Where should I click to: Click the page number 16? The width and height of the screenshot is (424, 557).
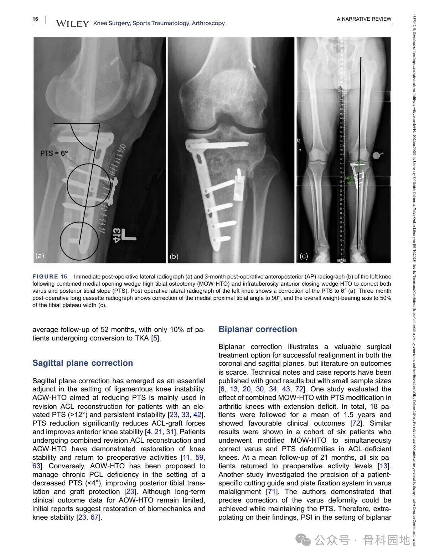tap(35, 19)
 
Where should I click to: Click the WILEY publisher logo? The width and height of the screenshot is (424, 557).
tap(72, 24)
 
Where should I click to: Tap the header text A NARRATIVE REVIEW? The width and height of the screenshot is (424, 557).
tap(364, 19)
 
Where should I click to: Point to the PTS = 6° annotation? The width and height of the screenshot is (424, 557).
tap(54, 153)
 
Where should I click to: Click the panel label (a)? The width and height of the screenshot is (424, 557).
tap(40, 255)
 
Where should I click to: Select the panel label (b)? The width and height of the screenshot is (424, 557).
tap(174, 256)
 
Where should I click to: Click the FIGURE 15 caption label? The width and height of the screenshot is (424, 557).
tap(50, 277)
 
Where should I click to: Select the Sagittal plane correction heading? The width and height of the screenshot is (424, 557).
tap(83, 363)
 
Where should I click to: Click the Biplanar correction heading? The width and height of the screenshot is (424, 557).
tap(258, 329)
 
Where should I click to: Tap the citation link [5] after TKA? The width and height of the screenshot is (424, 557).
tap(155, 338)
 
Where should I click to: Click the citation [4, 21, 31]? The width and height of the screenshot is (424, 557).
tap(160, 432)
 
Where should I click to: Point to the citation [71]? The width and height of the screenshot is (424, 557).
tap(272, 492)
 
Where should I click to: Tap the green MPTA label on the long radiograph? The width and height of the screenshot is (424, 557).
tap(350, 178)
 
